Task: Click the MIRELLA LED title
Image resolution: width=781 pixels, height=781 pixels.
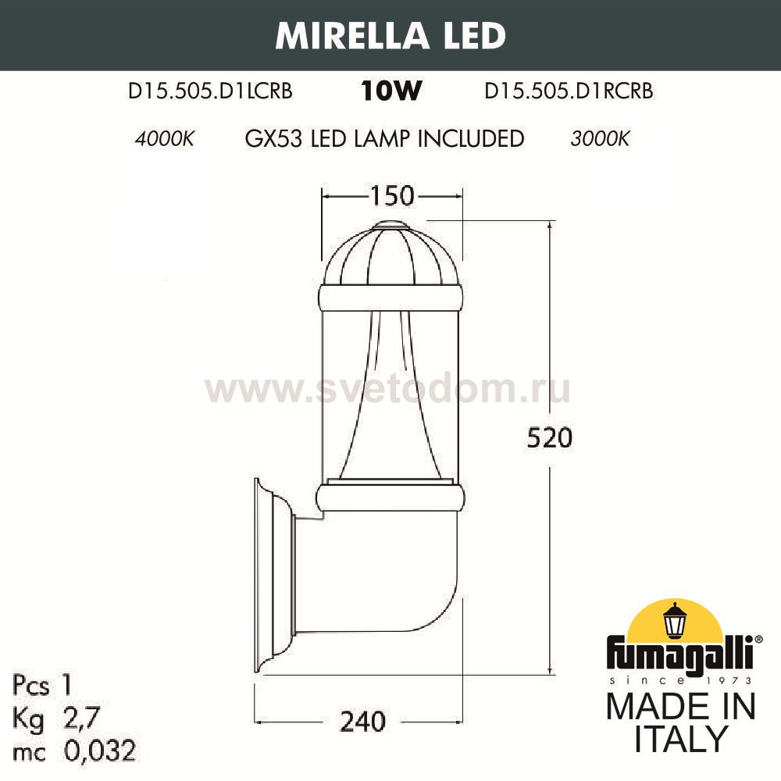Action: pos(390,35)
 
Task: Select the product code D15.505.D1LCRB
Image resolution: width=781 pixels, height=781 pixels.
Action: pos(210,91)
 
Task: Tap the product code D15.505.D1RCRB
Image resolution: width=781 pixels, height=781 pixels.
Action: pos(569,91)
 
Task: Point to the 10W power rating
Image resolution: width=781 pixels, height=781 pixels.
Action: pos(390,92)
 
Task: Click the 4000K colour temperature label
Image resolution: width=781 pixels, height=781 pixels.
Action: pos(163,140)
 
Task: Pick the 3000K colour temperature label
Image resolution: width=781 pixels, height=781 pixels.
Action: pos(600,140)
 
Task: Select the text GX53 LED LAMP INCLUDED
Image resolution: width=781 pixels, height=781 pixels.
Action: pos(383,139)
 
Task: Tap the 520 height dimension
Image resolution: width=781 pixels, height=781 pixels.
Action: pos(549,438)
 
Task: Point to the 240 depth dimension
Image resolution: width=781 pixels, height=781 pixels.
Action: pos(363,722)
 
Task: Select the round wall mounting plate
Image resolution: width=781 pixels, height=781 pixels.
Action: pos(269,574)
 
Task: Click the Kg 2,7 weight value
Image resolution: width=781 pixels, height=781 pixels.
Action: pos(58,719)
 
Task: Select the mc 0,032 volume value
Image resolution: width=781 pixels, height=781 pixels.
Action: pos(74,751)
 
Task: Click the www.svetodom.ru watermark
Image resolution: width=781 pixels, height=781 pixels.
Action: pos(387,388)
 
